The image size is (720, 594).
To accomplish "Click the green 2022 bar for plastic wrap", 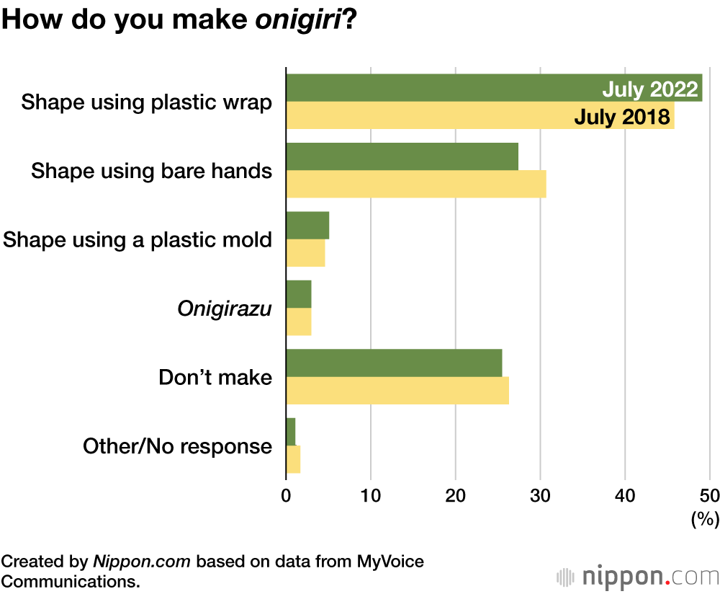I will [432, 88].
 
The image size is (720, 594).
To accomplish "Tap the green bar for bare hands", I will [402, 156].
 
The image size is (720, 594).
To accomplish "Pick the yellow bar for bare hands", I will [415, 184].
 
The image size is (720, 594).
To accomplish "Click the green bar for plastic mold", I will [307, 226].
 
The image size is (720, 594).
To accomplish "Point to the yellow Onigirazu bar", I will [299, 322].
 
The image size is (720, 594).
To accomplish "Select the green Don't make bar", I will [394, 363].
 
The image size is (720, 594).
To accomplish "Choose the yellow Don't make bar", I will [397, 390].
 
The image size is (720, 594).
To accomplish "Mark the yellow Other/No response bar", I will [293, 459].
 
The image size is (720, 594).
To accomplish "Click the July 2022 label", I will [650, 90].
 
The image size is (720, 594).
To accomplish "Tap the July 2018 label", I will [622, 116].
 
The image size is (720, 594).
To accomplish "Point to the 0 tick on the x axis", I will [286, 496].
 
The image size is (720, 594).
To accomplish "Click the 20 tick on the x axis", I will [456, 496].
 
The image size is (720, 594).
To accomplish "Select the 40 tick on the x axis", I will [625, 496].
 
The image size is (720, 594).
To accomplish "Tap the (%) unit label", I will [704, 518].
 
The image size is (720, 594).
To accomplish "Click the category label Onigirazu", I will [225, 309].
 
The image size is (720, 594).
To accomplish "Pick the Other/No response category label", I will [177, 446].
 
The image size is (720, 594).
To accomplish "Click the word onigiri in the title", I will [296, 19].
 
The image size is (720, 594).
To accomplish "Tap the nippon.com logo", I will [638, 576].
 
